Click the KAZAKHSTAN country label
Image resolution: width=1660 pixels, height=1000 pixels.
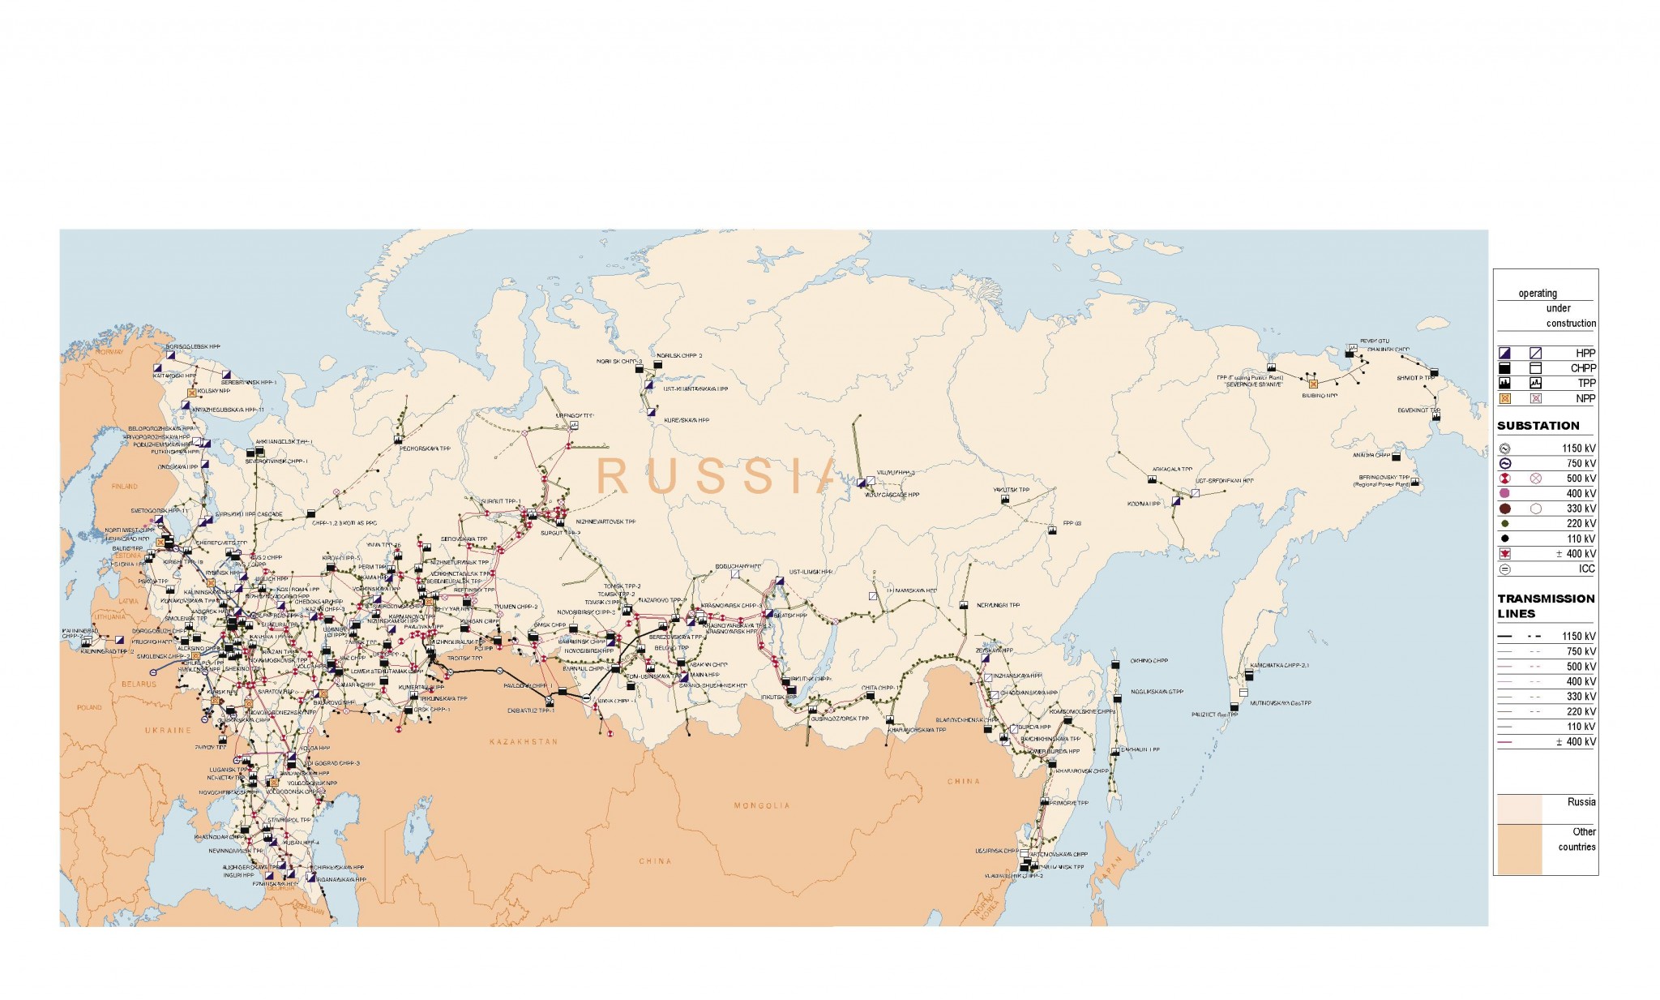[524, 741]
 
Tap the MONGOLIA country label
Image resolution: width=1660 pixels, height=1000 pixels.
[761, 805]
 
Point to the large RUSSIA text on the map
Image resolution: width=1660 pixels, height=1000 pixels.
[714, 476]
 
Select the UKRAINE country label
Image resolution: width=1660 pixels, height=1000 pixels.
[169, 730]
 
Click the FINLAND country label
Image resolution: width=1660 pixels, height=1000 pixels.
[125, 487]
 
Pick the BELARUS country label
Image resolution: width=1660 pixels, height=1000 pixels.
[139, 684]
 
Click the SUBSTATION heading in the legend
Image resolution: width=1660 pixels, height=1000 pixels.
[1538, 426]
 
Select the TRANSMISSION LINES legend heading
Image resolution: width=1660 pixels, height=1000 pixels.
[1545, 606]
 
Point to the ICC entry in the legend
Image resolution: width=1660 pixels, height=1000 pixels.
[1586, 569]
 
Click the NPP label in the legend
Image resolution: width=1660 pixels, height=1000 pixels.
[1585, 398]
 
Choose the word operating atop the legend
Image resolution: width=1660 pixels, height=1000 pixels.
[1538, 294]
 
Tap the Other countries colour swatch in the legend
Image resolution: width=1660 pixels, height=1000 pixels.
[1519, 849]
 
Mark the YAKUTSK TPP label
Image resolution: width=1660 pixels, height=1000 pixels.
[1011, 490]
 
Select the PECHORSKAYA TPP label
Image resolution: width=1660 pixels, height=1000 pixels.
[428, 448]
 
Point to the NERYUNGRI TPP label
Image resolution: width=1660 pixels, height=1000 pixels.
[998, 605]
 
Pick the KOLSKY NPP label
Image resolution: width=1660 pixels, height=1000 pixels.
[208, 391]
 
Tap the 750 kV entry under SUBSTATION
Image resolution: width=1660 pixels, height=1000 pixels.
[1580, 464]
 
